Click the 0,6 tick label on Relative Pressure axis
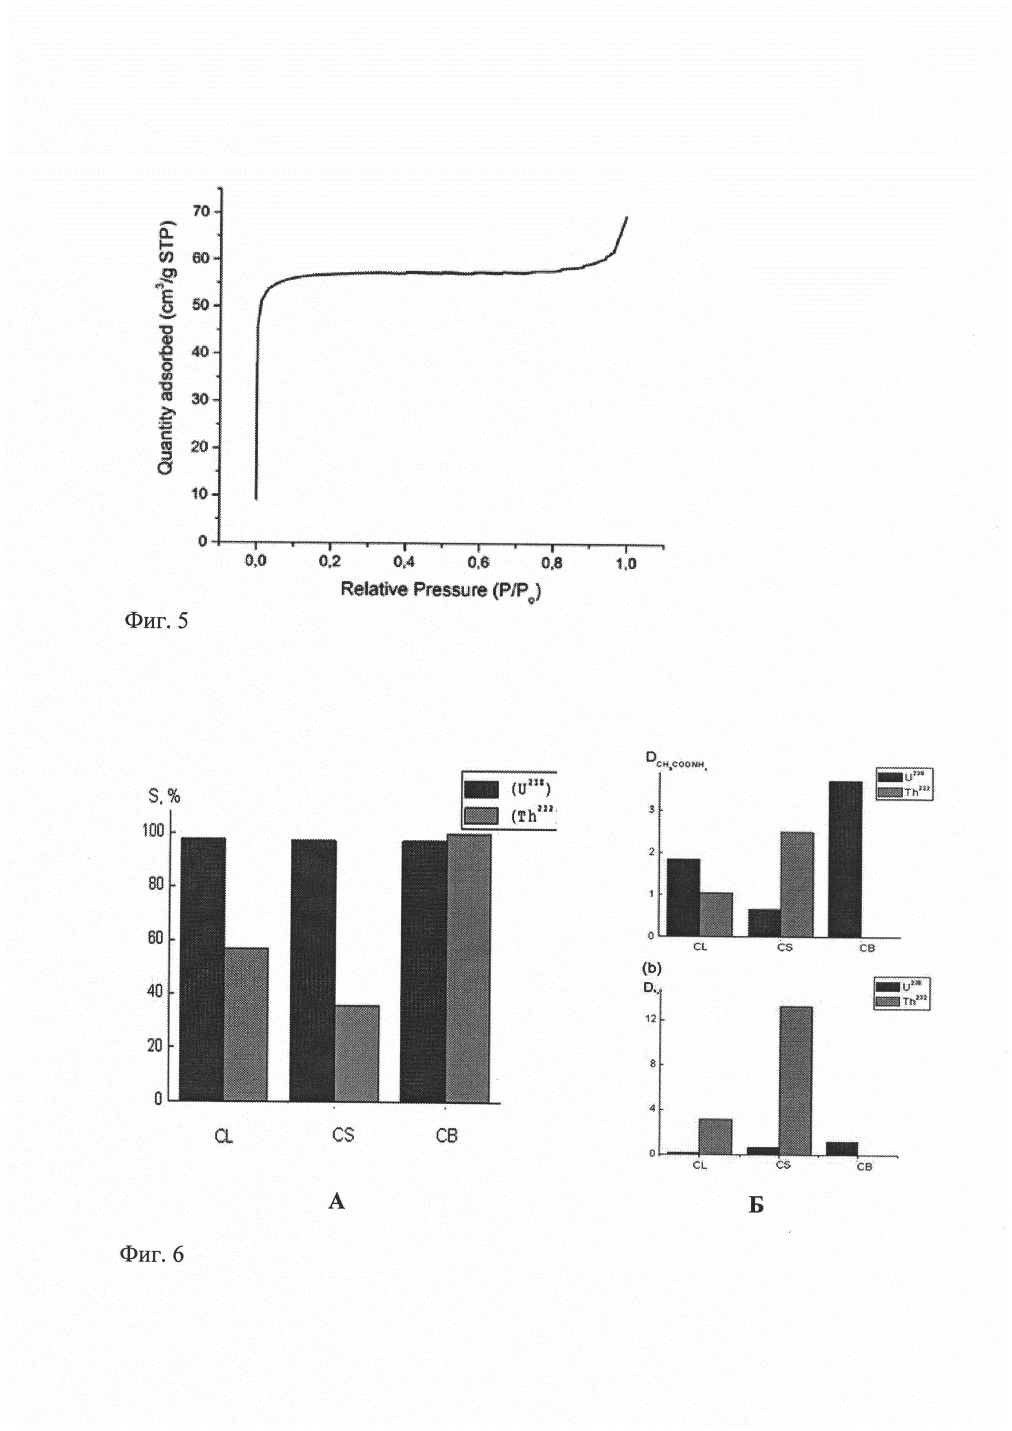(478, 562)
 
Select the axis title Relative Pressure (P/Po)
(440, 590)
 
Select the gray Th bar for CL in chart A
(246, 1024)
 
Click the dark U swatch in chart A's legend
(481, 790)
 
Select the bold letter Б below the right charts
(756, 1206)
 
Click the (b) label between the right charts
(652, 968)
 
